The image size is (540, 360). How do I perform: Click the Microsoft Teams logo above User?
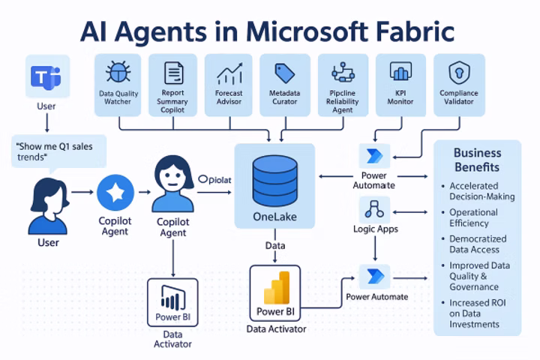point(46,77)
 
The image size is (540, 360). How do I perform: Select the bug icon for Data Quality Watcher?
point(118,73)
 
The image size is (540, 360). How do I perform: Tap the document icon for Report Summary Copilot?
point(174,73)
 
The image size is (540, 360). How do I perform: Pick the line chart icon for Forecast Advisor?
point(229,74)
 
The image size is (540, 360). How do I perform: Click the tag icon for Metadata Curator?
point(284,73)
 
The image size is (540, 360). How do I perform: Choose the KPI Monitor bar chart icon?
point(400,73)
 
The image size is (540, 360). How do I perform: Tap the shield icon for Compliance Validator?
point(457,73)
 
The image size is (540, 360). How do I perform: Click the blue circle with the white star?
point(115,193)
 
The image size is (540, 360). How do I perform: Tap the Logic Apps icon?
point(375,208)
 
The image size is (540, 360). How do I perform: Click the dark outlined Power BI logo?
point(173,300)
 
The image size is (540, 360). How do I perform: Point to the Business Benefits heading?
point(477,160)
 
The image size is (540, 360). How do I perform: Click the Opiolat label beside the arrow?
point(217,179)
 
